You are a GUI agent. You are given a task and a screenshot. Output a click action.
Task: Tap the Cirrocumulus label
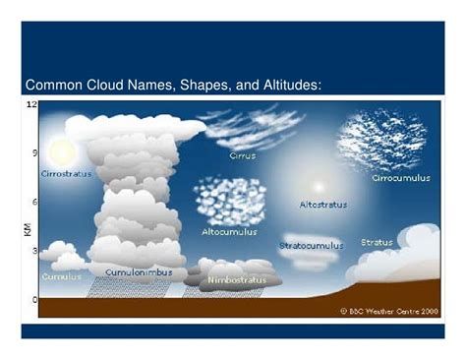point(400,178)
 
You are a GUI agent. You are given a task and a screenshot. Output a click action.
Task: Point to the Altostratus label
point(323,206)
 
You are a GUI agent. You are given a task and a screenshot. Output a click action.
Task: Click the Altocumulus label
point(228,232)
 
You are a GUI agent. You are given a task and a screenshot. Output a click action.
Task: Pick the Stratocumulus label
point(311,245)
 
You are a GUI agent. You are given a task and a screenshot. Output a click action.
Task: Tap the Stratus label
point(377,242)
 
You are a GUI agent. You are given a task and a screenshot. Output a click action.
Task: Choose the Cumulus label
point(62,276)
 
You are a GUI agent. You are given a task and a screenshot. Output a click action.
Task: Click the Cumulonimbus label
point(139,271)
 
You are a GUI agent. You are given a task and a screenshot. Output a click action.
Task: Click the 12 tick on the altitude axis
point(31,104)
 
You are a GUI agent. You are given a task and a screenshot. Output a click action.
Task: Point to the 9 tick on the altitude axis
point(34,153)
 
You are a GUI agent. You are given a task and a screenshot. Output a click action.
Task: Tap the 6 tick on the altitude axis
point(34,202)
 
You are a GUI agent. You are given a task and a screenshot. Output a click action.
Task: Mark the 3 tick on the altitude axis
point(34,251)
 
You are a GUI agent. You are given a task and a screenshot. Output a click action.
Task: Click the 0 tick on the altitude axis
point(34,299)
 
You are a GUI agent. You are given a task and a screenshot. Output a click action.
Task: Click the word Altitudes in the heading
point(282,86)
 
